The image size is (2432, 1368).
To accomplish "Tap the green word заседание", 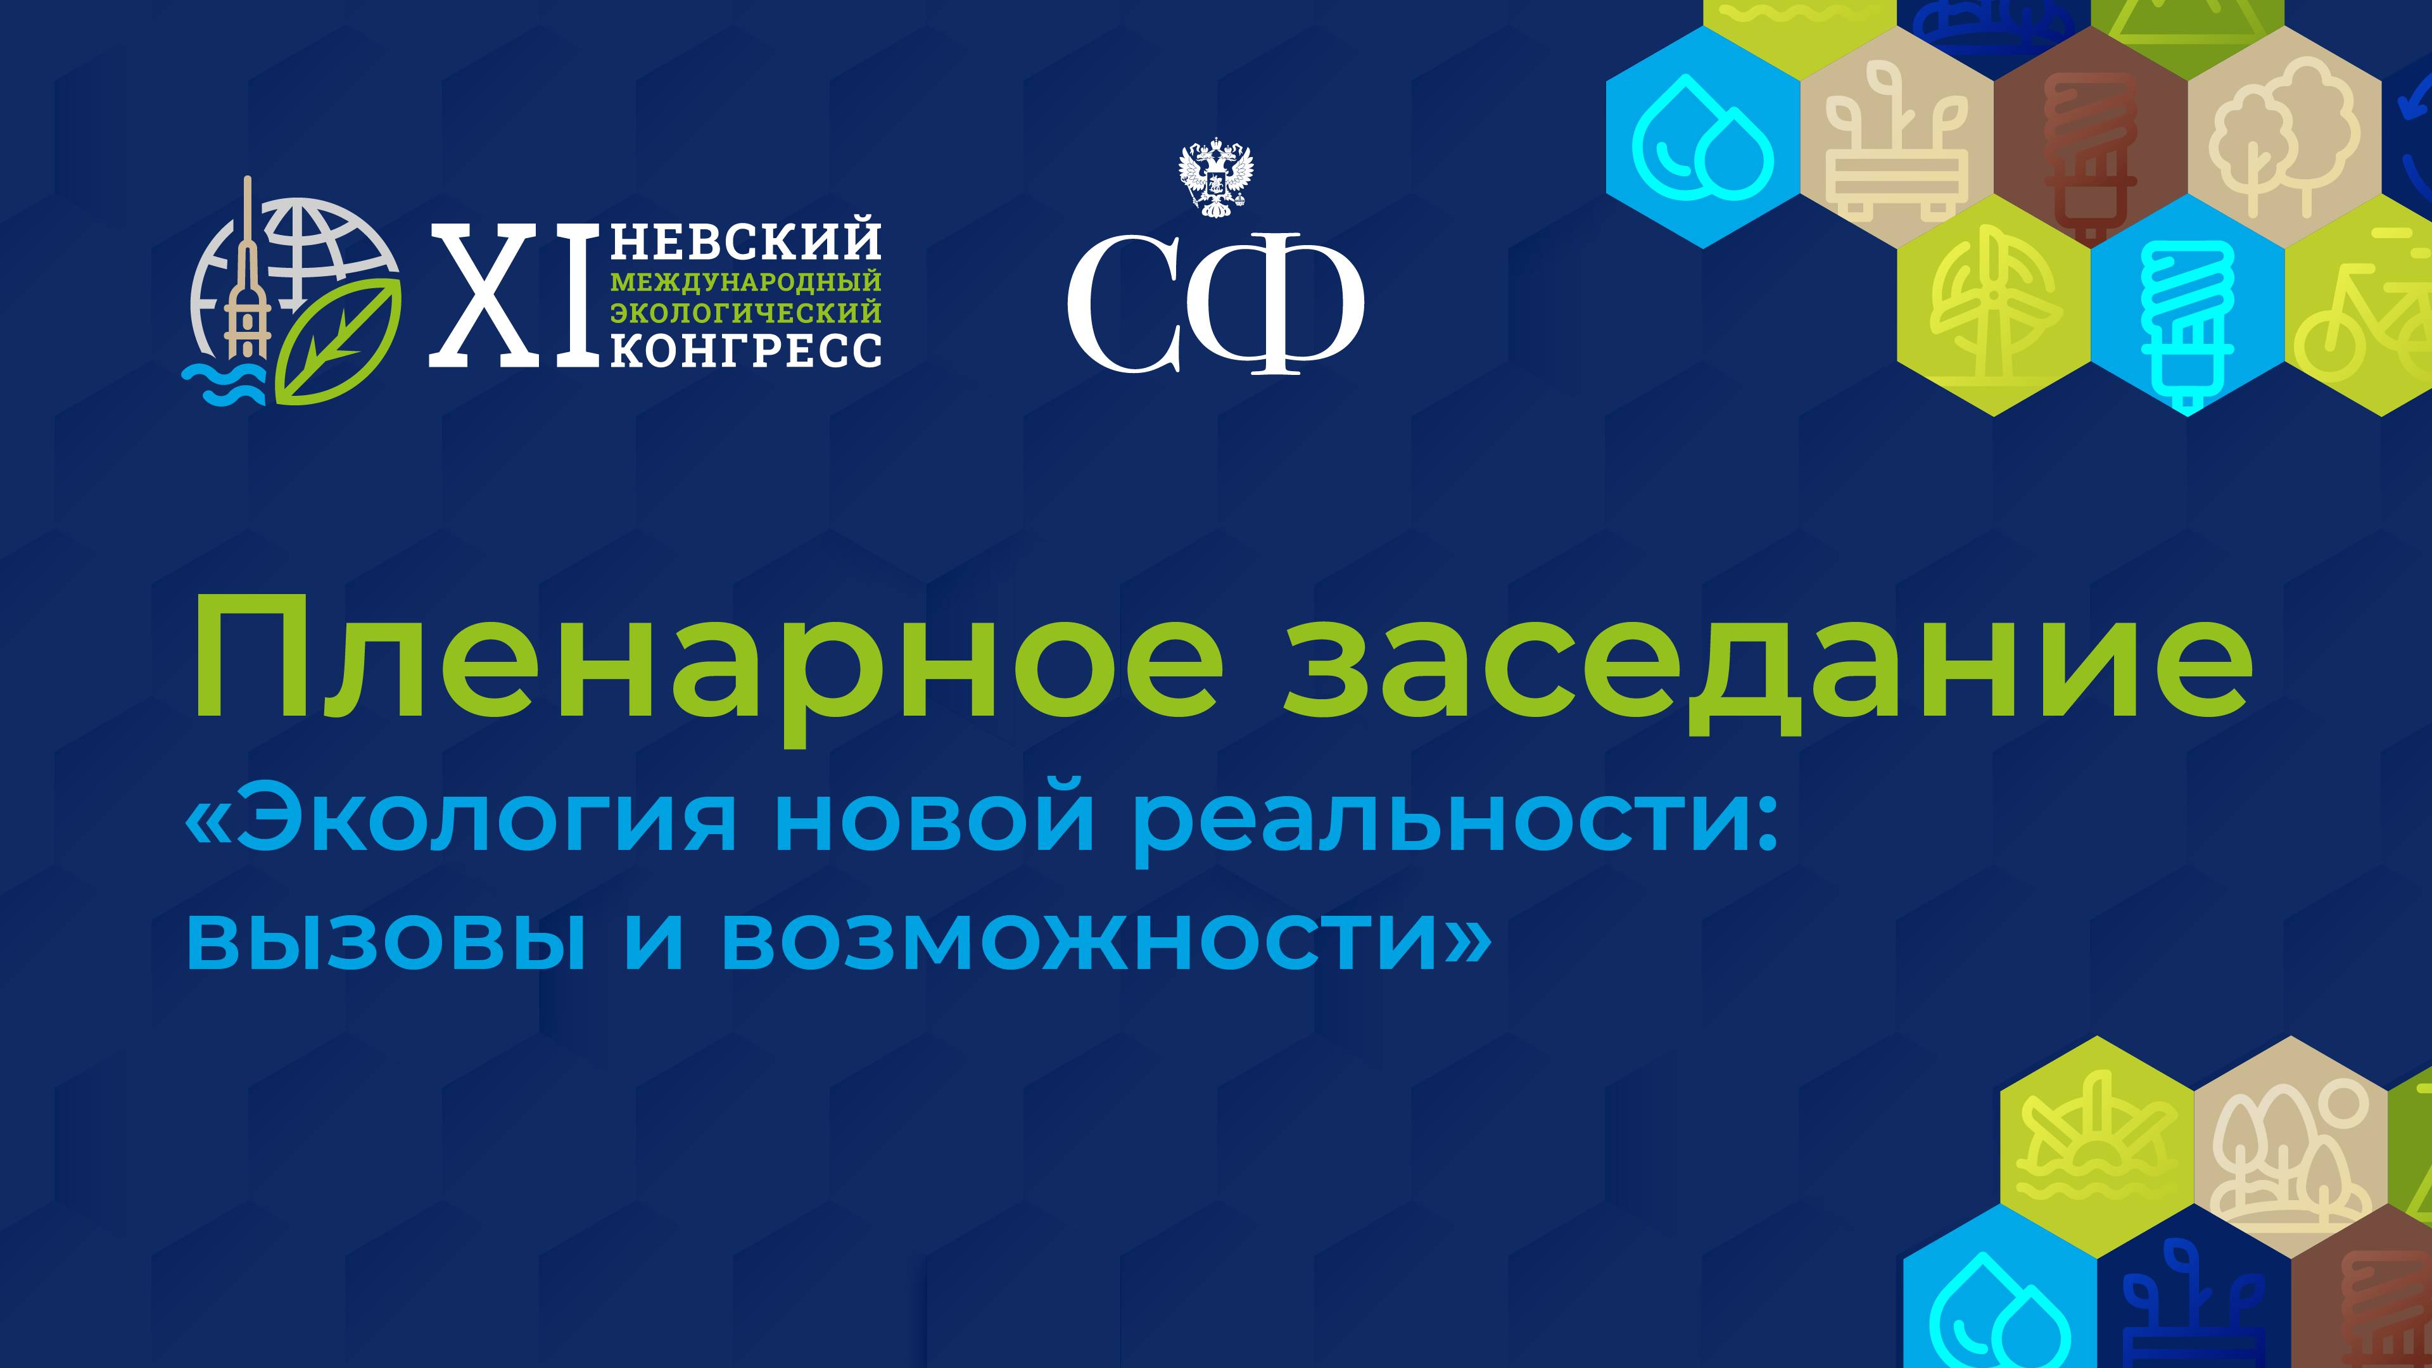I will tap(1766, 659).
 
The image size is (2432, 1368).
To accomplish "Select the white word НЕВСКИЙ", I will tap(746, 242).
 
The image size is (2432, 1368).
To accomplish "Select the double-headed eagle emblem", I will tap(1216, 179).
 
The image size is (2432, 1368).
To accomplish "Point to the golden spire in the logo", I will tap(248, 274).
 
